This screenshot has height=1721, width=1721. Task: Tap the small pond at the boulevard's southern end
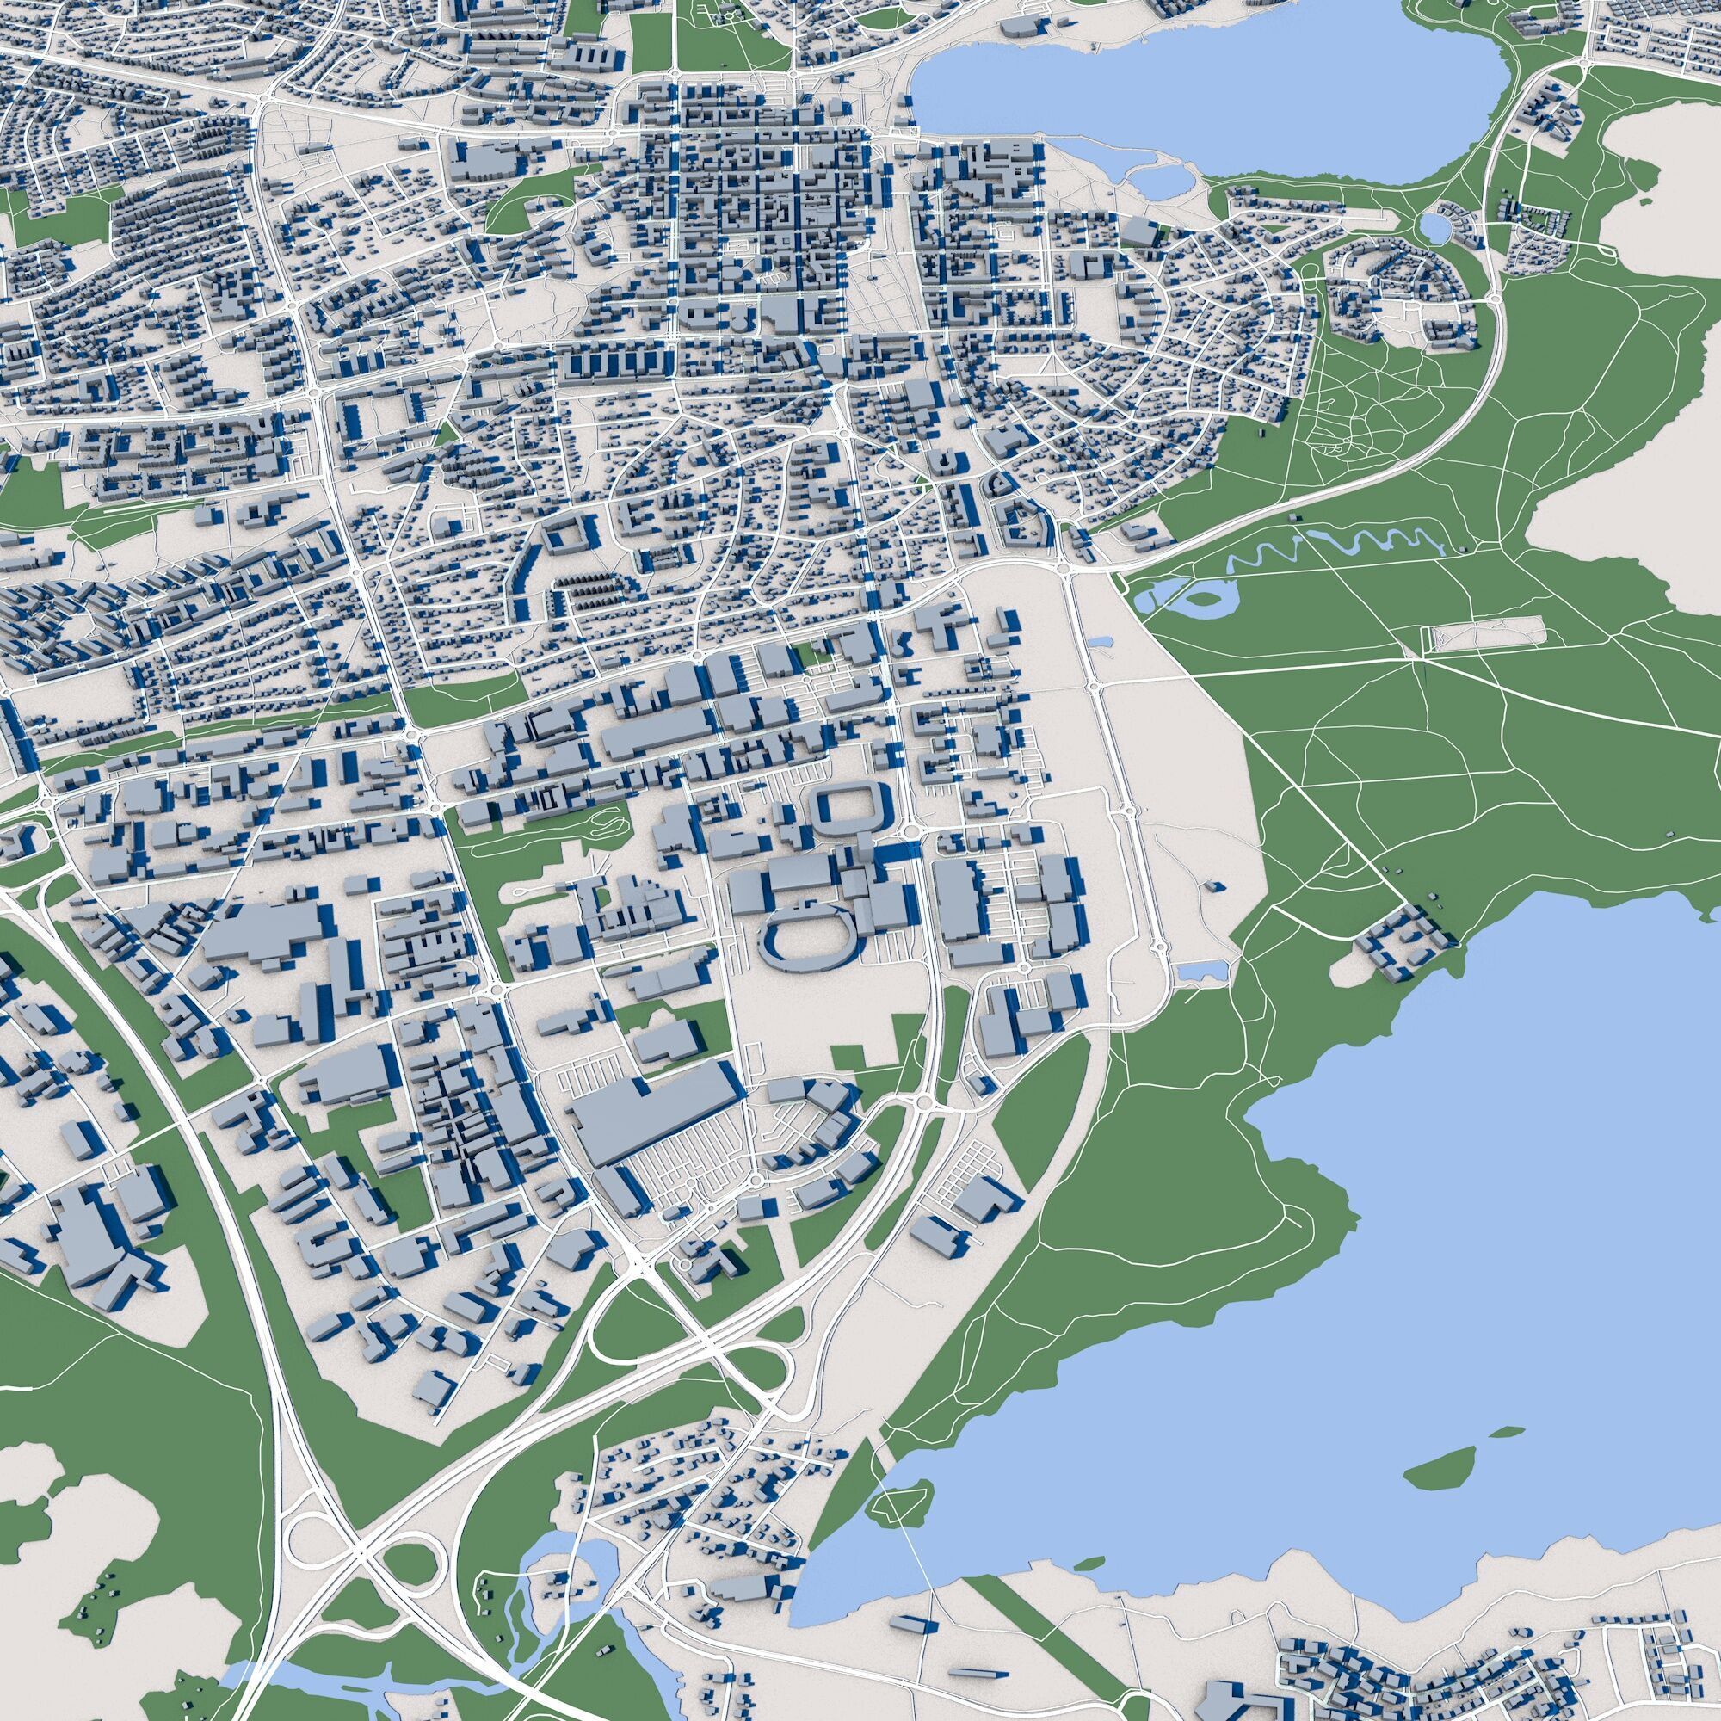(x=1200, y=971)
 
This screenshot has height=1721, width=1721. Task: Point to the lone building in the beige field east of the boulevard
(x=1214, y=886)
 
